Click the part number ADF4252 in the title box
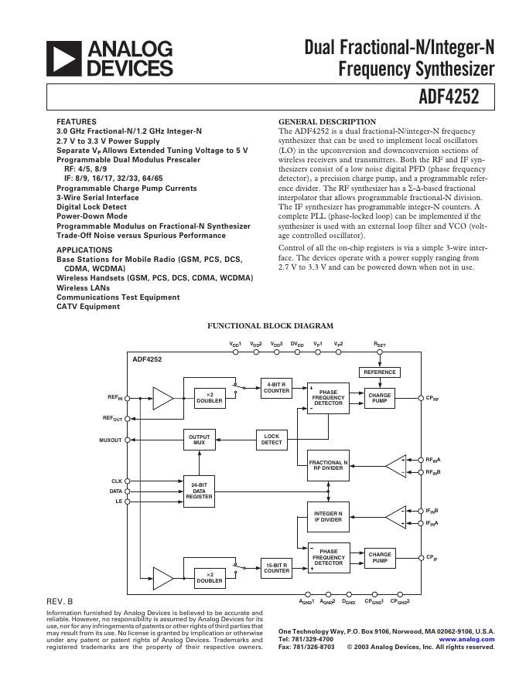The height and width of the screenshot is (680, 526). (463, 97)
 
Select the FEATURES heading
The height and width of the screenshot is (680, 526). (77, 122)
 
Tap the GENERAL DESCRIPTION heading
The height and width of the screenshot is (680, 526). (326, 122)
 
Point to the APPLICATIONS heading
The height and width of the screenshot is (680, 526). (84, 250)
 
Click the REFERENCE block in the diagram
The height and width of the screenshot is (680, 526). (379, 372)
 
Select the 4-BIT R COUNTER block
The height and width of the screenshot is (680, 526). (276, 388)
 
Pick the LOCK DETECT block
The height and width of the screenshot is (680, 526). (272, 440)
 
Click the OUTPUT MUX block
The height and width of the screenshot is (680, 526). (199, 440)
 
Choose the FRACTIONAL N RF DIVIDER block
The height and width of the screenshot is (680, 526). (328, 464)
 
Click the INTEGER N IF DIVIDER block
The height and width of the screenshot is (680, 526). (328, 515)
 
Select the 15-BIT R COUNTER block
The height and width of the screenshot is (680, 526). (276, 568)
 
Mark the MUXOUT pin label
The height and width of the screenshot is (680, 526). (111, 440)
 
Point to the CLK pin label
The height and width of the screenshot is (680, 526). (117, 481)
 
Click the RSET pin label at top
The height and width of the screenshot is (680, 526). (379, 343)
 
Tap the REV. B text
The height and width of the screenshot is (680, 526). (60, 601)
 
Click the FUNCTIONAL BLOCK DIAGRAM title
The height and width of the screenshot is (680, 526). (270, 326)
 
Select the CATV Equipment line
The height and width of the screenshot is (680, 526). (88, 307)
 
